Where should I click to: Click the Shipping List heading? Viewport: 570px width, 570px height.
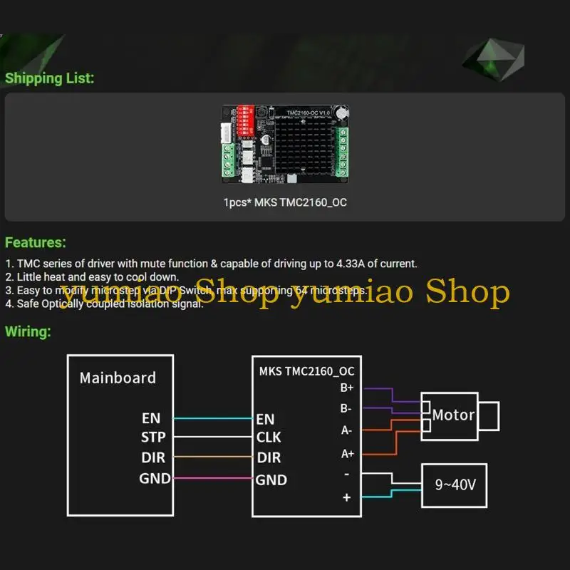(x=49, y=78)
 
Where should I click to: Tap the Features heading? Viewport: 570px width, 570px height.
(x=36, y=243)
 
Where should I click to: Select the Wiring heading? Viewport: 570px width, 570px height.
(x=28, y=331)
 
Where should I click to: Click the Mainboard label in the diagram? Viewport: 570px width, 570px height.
(x=118, y=378)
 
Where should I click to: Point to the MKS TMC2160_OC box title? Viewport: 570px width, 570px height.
(x=306, y=371)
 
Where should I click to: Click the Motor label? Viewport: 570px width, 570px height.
(x=453, y=415)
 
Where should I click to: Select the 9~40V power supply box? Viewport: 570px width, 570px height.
(x=455, y=486)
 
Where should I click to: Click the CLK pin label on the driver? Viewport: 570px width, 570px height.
(x=269, y=437)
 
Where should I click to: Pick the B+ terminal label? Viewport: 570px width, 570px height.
(x=347, y=388)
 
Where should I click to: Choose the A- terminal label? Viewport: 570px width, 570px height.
(x=347, y=430)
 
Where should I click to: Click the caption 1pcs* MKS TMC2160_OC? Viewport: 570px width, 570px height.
(x=285, y=202)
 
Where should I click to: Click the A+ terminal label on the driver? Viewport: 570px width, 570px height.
(x=347, y=453)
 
